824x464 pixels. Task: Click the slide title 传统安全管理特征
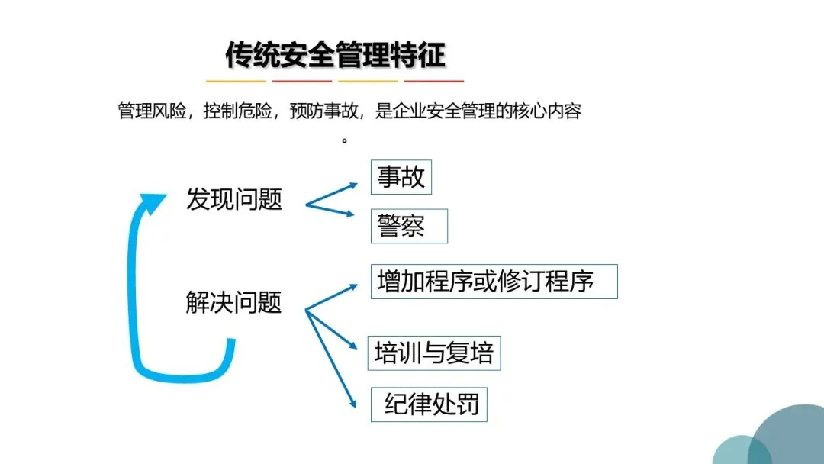click(335, 55)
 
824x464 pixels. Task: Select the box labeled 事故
click(401, 177)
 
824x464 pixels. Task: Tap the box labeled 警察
click(409, 226)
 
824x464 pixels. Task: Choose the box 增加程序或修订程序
click(494, 282)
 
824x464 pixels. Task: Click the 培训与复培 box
click(434, 353)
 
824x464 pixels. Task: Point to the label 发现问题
click(234, 199)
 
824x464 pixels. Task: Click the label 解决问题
click(234, 302)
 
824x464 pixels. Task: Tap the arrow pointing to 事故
click(333, 194)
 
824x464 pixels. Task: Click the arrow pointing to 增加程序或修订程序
click(333, 298)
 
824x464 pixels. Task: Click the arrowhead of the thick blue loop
click(152, 203)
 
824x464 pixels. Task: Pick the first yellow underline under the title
click(236, 81)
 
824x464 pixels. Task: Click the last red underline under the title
click(434, 81)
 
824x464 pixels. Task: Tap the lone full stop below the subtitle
click(345, 140)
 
